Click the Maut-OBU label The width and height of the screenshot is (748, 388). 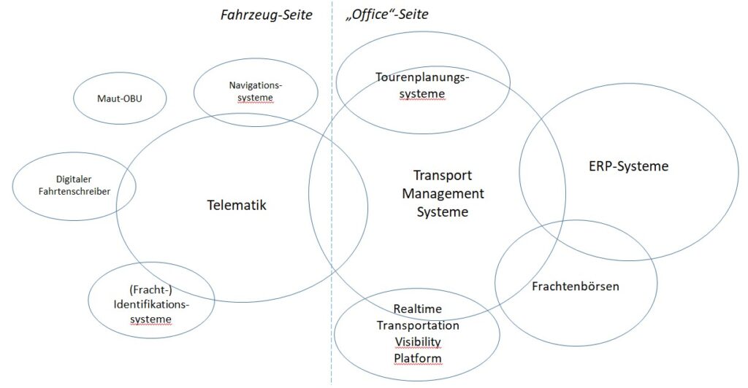pos(120,99)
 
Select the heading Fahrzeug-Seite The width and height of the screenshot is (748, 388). pos(266,15)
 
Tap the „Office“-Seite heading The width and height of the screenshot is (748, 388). pos(387,15)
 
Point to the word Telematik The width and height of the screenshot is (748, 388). pos(237,205)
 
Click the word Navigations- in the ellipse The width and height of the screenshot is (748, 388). pos(256,85)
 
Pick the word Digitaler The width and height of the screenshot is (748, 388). pos(74,179)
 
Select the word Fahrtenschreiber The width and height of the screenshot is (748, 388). pos(75,192)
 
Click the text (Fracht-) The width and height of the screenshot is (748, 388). pos(150,290)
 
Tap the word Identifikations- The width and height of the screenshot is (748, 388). pos(151,305)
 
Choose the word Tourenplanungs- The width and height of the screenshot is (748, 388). pos(423,77)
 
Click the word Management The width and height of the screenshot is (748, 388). pos(443,194)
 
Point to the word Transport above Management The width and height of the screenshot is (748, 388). pos(443,176)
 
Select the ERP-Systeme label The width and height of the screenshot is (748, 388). pos(629,166)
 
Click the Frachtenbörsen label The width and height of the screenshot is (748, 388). pos(576,287)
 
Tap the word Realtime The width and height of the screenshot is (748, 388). pos(417,309)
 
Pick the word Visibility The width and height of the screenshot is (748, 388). pos(418,342)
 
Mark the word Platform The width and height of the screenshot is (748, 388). pos(418,358)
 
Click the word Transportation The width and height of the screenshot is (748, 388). pos(418,325)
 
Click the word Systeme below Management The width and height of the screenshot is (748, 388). pos(443,212)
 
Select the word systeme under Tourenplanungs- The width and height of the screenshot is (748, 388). pos(422,94)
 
